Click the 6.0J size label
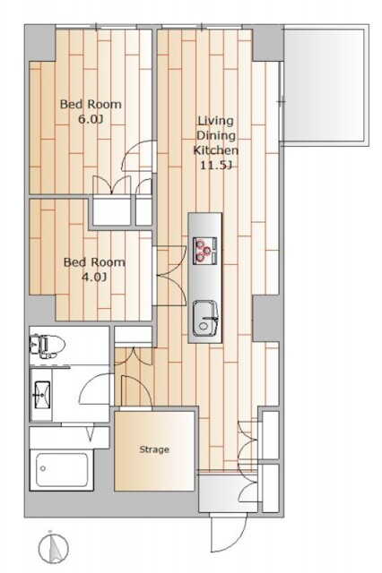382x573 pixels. [x=91, y=119]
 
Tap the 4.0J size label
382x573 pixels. [x=94, y=278]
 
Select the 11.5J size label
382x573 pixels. [x=216, y=165]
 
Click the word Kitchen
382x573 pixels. [x=216, y=150]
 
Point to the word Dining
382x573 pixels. [x=216, y=135]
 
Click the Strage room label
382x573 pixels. [x=154, y=449]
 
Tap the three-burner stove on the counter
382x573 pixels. [x=205, y=251]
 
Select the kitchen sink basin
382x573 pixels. [x=205, y=318]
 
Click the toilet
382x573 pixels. [x=48, y=345]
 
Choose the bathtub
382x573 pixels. [x=62, y=470]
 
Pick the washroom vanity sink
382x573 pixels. [x=42, y=395]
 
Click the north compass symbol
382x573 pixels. [x=54, y=548]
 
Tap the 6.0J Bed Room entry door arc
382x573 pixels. [x=137, y=156]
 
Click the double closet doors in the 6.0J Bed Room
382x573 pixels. [x=111, y=184]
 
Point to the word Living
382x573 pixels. [x=215, y=121]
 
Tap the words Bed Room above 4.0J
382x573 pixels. [x=94, y=262]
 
